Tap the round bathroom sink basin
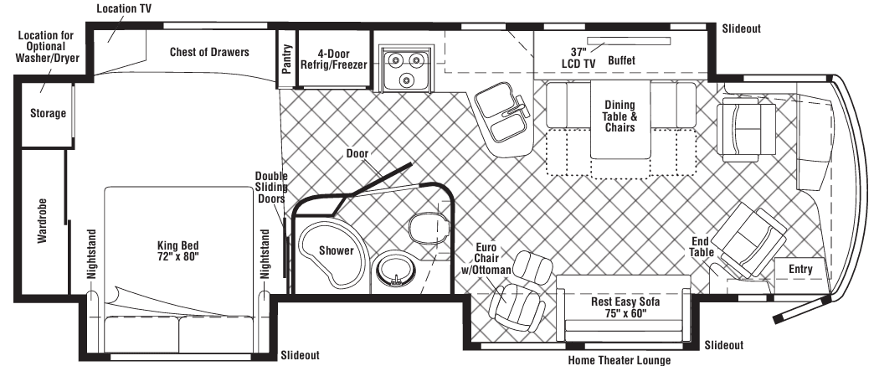click(x=396, y=271)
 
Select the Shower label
click(x=336, y=250)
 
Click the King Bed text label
click(x=177, y=250)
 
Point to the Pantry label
click(x=287, y=59)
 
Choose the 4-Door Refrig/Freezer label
click(x=334, y=59)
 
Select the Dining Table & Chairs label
click(x=620, y=116)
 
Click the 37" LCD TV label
click(x=578, y=58)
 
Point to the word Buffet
click(x=621, y=60)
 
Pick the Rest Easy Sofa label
click(x=625, y=307)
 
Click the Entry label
click(x=800, y=269)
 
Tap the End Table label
click(x=701, y=246)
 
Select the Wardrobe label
click(x=43, y=220)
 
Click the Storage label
click(x=48, y=113)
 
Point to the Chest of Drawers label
click(x=209, y=52)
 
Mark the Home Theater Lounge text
click(x=620, y=360)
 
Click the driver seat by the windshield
click(x=746, y=129)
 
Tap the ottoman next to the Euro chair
click(x=533, y=266)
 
